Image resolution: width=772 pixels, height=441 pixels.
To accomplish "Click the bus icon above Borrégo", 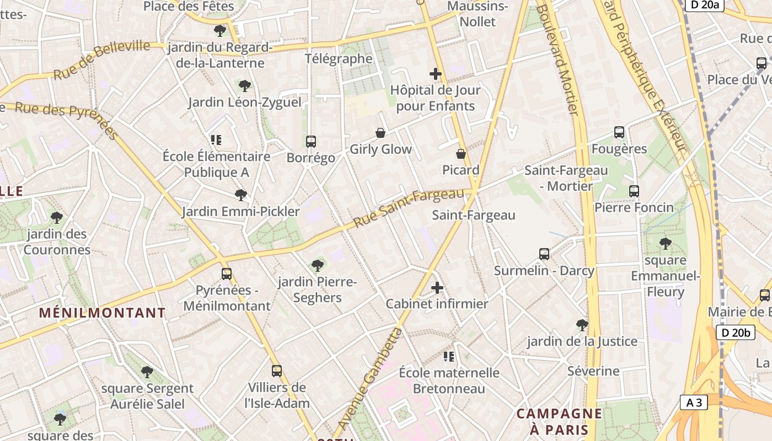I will click(x=311, y=142).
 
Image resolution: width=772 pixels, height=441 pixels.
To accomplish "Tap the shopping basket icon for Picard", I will click(x=461, y=154).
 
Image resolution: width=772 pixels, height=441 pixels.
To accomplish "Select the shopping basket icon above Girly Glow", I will click(x=380, y=133).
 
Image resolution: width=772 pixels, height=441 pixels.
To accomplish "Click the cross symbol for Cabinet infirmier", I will click(x=437, y=288).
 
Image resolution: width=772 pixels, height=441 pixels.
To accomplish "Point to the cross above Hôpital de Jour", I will click(x=436, y=74).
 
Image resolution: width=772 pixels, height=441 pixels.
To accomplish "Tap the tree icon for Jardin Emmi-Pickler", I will click(x=240, y=195).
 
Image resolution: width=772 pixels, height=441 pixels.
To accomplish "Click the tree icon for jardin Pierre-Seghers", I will click(x=318, y=266).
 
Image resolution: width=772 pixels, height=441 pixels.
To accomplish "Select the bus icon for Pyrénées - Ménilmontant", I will click(x=227, y=274).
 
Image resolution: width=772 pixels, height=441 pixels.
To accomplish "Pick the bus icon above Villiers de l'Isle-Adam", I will click(x=277, y=371).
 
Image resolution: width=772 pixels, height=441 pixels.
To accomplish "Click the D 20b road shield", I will click(x=736, y=332).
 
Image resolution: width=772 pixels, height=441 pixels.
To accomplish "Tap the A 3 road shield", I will click(x=694, y=403).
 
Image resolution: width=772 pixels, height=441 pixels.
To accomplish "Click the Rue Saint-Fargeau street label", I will click(x=409, y=208).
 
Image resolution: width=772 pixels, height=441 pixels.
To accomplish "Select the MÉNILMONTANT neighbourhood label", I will click(x=102, y=313).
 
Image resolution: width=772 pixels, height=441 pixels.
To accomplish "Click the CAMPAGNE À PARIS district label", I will click(x=559, y=421).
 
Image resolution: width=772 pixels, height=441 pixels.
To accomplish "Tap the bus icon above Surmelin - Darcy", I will click(x=544, y=254).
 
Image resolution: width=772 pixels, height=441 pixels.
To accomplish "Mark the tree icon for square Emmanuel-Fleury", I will click(x=666, y=243).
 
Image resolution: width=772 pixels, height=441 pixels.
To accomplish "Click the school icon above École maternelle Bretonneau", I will click(x=449, y=357).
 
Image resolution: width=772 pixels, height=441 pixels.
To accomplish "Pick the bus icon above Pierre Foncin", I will click(x=634, y=191).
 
